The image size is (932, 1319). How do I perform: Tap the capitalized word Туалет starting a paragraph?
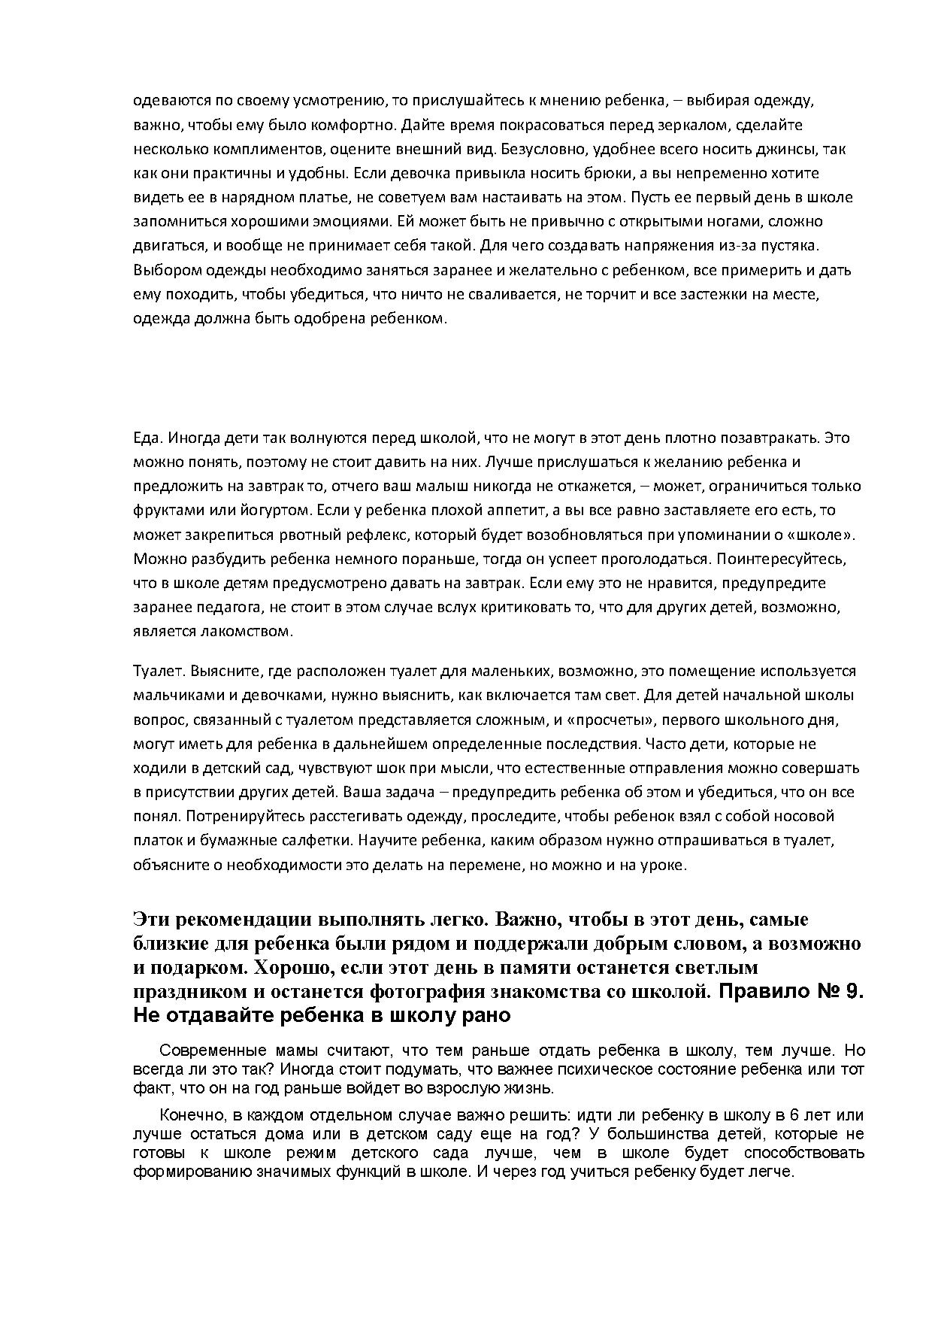tap(154, 671)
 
